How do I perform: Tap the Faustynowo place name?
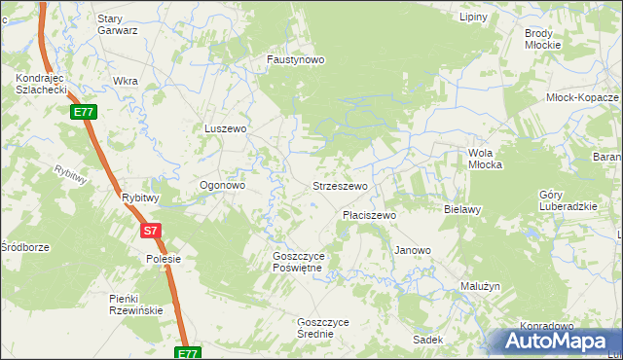[x=296, y=59]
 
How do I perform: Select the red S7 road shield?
[x=150, y=231]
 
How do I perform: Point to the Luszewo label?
[x=227, y=127]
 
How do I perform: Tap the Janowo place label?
[x=412, y=250]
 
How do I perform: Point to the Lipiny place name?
[x=473, y=18]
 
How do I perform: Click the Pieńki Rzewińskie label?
[x=135, y=304]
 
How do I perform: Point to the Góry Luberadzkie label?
[x=567, y=200]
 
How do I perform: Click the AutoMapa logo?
[x=558, y=342]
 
